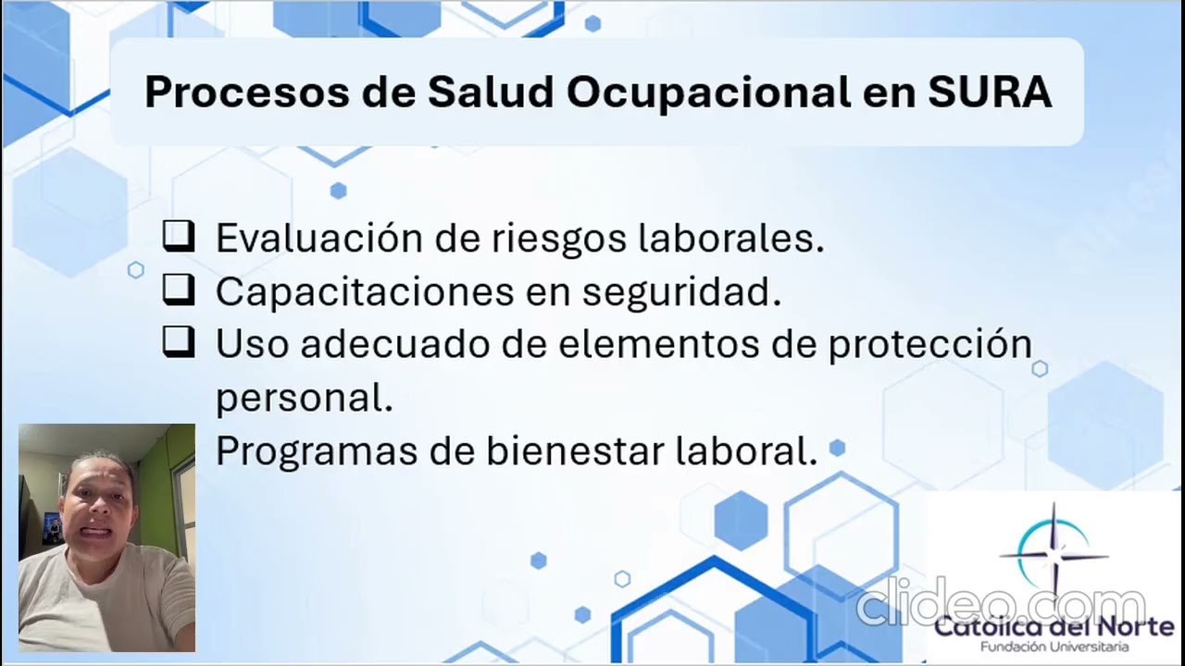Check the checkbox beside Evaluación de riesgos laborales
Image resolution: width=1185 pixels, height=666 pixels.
pyautogui.click(x=178, y=237)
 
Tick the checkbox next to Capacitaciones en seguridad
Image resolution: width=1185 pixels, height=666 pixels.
pyautogui.click(x=178, y=290)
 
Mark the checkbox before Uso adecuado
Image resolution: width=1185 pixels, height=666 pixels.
pyautogui.click(x=178, y=343)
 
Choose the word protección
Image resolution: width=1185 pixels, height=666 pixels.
pyautogui.click(x=929, y=344)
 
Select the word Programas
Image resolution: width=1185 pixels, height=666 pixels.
pyautogui.click(x=316, y=451)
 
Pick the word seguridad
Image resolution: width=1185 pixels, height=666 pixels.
pyautogui.click(x=681, y=292)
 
